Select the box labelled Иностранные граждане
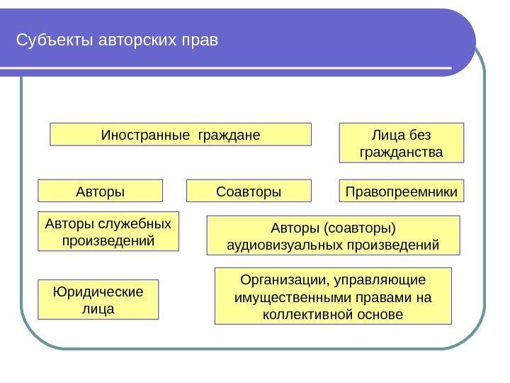click(181, 134)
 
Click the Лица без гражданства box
click(402, 143)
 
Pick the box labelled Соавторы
click(249, 191)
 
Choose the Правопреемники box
click(402, 191)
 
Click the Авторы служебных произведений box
click(108, 232)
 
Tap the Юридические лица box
click(98, 300)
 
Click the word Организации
click(277, 279)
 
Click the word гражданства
click(402, 152)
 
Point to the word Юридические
click(98, 292)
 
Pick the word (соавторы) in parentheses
click(360, 228)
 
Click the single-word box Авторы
click(100, 191)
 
